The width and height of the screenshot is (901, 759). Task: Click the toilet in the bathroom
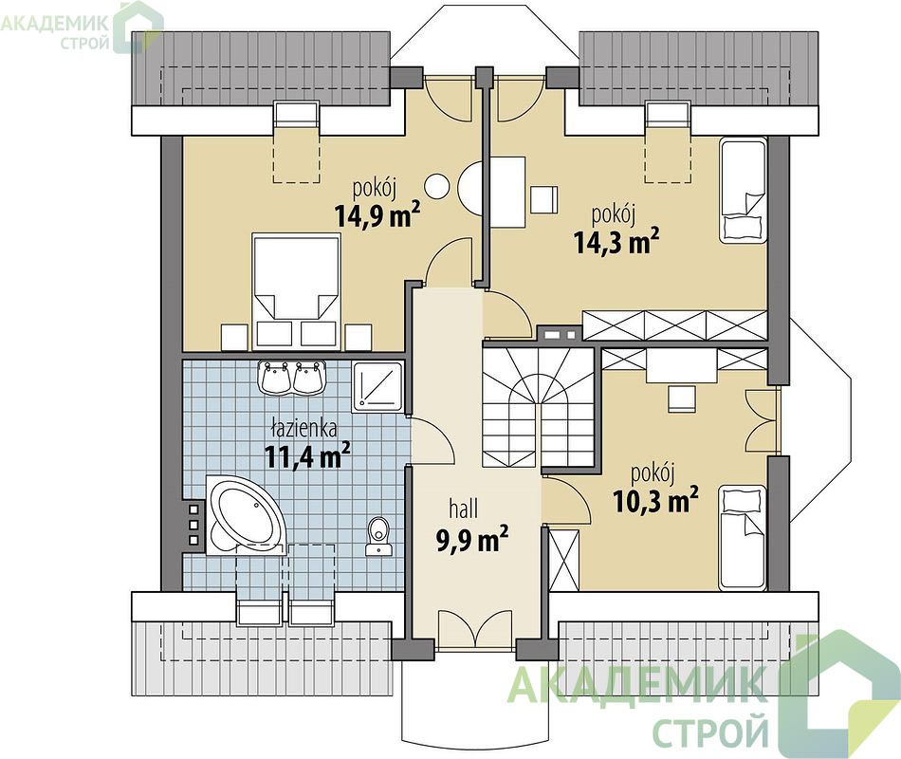(x=377, y=536)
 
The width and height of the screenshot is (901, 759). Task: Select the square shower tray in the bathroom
(x=379, y=387)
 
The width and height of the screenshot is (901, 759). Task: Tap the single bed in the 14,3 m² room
(x=743, y=191)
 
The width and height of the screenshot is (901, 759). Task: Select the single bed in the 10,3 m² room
(x=743, y=538)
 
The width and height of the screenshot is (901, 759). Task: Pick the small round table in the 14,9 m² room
(x=436, y=186)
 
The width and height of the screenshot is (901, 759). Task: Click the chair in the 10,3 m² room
(x=682, y=398)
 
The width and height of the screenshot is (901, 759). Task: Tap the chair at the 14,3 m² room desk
(x=543, y=199)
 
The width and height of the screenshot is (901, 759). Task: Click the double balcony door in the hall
(x=474, y=630)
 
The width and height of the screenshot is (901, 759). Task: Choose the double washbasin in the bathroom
(x=292, y=378)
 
